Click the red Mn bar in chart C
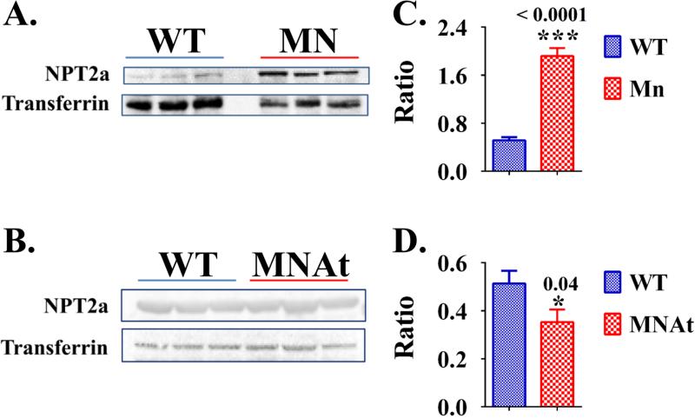click(x=559, y=114)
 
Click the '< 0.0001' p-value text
click(x=559, y=16)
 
